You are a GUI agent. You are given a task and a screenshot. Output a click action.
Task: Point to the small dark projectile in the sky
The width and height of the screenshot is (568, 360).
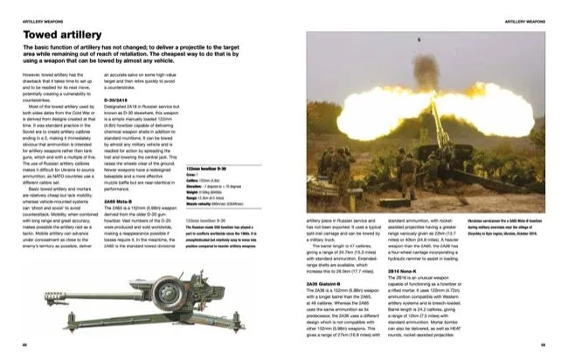(419, 39)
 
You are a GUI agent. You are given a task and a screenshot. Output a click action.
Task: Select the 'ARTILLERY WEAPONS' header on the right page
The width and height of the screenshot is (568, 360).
(528, 11)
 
